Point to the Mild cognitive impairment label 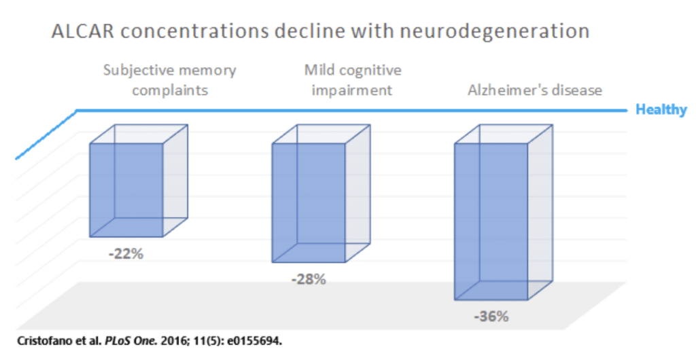tap(352, 79)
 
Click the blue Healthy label tap(661, 109)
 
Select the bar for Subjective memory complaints tap(126, 190)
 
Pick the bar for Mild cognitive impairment tap(309, 202)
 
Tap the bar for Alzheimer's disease tap(491, 221)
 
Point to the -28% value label tap(308, 278)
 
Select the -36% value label tap(490, 317)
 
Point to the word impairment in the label tap(352, 90)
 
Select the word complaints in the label tap(169, 90)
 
